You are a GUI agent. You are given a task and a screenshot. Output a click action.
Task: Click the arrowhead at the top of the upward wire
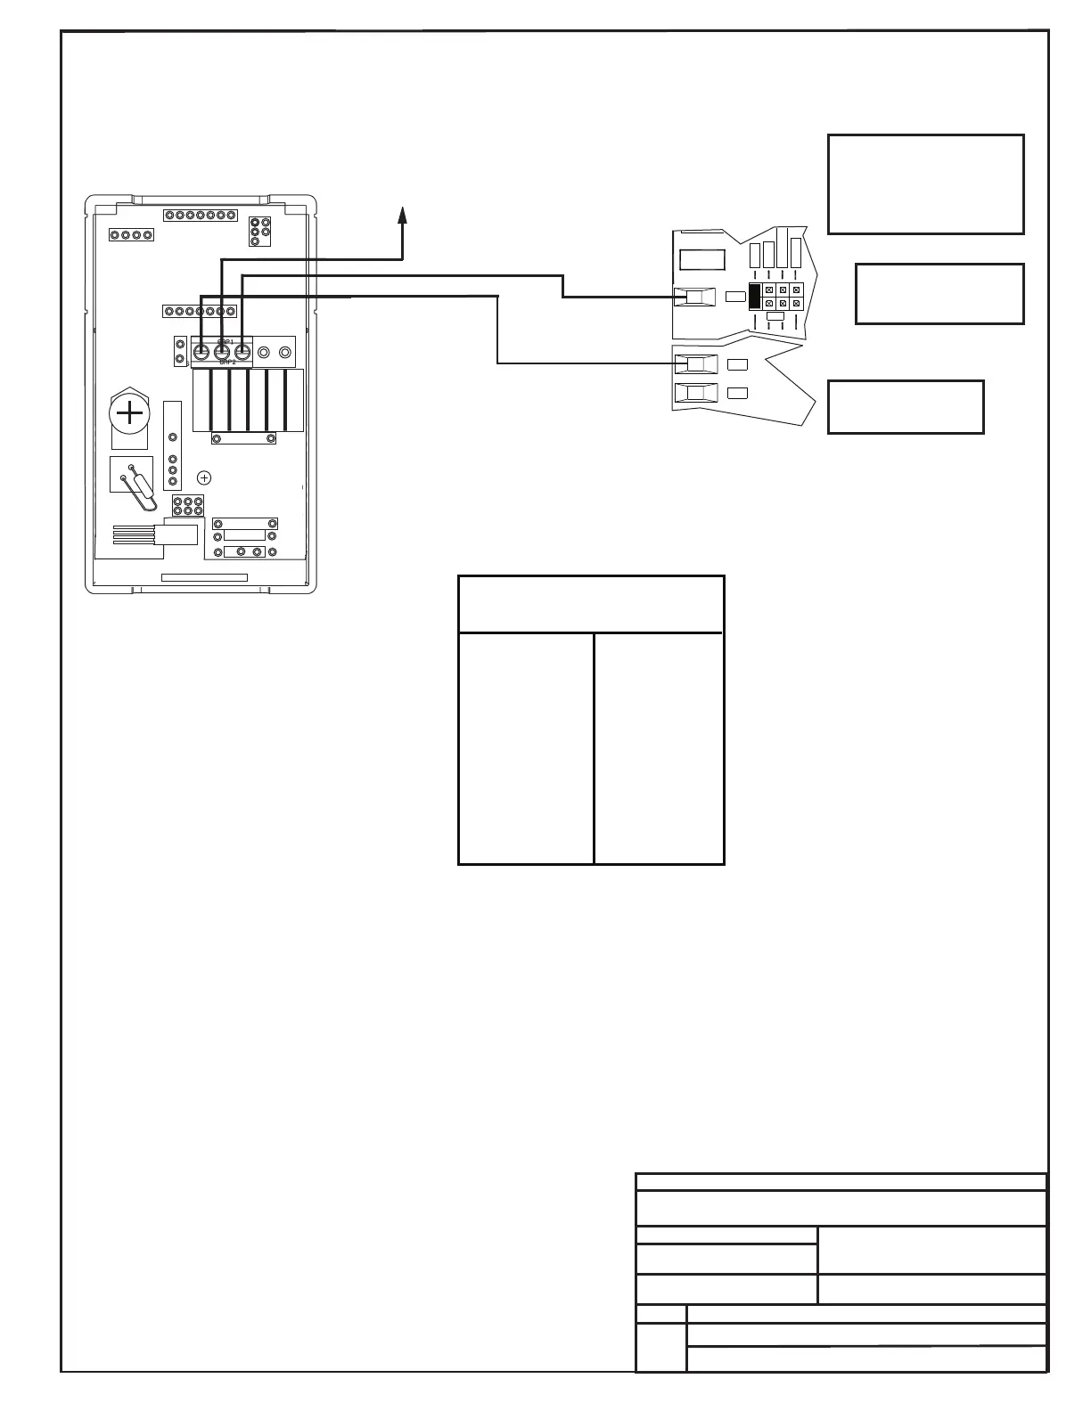pyautogui.click(x=403, y=215)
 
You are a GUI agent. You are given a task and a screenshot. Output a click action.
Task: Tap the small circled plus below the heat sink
pyautogui.click(x=204, y=477)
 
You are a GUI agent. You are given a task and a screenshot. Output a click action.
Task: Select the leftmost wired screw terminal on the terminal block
pyautogui.click(x=201, y=353)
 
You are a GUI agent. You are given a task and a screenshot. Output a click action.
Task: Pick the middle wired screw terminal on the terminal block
pyautogui.click(x=222, y=353)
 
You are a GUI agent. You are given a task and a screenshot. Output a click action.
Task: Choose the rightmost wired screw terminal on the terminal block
pyautogui.click(x=242, y=353)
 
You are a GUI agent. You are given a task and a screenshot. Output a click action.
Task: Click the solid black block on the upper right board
pyautogui.click(x=755, y=298)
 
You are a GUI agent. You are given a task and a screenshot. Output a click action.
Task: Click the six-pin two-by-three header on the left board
pyautogui.click(x=188, y=506)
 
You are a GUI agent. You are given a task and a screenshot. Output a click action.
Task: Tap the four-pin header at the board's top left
pyautogui.click(x=131, y=235)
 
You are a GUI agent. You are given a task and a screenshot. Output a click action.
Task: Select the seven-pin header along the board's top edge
pyautogui.click(x=201, y=216)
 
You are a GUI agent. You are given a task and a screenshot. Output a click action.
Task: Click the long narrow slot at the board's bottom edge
pyautogui.click(x=204, y=578)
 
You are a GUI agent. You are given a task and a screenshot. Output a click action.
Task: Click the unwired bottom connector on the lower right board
pyautogui.click(x=696, y=393)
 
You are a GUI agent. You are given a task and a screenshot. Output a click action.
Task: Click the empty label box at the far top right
pyautogui.click(x=925, y=184)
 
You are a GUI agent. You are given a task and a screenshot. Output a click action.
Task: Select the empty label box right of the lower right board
pyautogui.click(x=906, y=407)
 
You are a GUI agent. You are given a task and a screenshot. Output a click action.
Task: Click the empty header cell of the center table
pyautogui.click(x=590, y=604)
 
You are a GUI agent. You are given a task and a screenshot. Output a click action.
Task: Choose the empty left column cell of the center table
pyautogui.click(x=526, y=748)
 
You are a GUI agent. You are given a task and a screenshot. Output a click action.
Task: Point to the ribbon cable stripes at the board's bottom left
pyautogui.click(x=134, y=535)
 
